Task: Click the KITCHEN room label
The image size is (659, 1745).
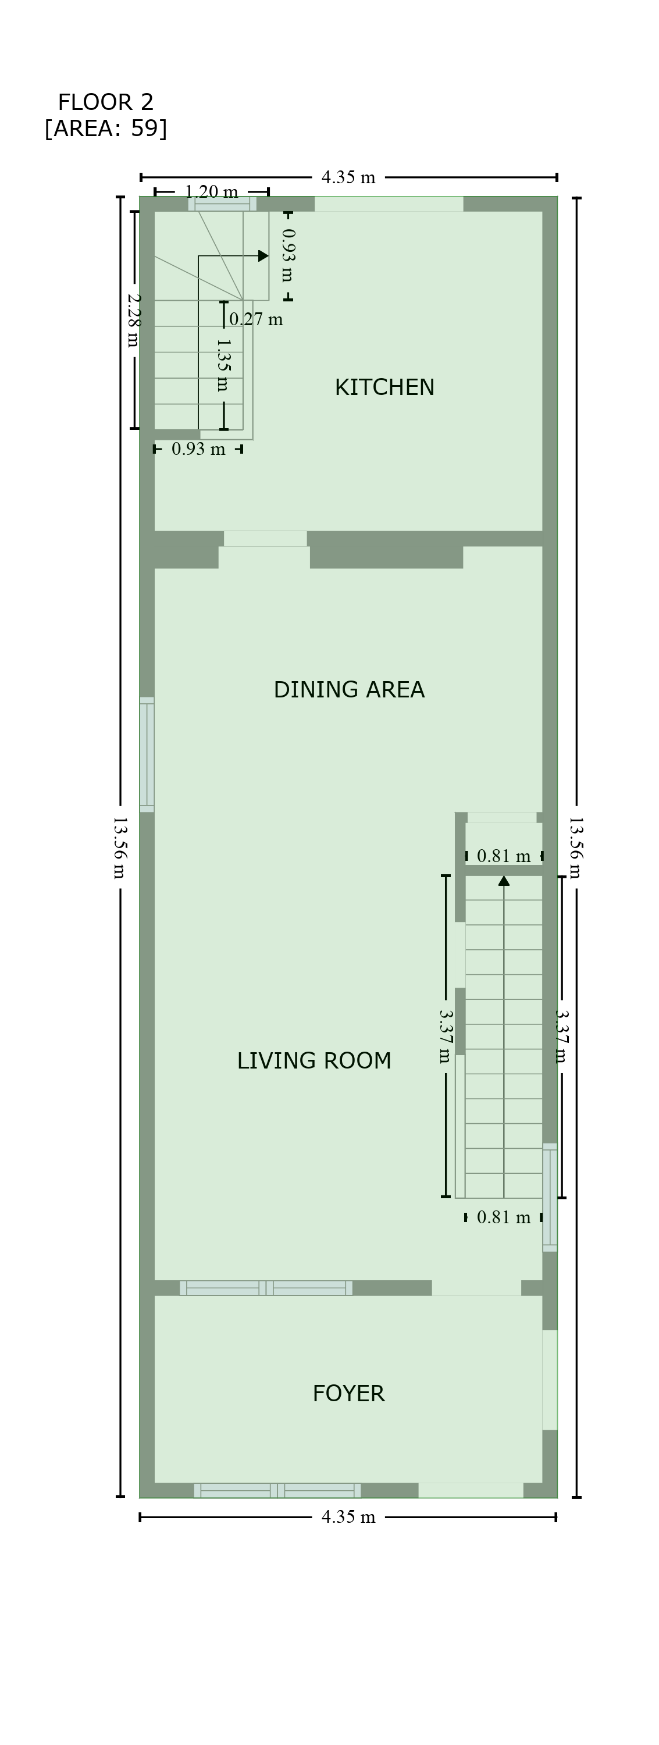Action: pyautogui.click(x=384, y=387)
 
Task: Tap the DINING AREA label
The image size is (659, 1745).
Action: pyautogui.click(x=349, y=690)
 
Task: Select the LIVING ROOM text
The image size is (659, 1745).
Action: pyautogui.click(x=314, y=1061)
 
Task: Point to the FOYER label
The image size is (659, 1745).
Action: pyautogui.click(x=348, y=1394)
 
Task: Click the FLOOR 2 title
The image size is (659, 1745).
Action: pyautogui.click(x=106, y=102)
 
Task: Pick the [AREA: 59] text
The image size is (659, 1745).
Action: pyautogui.click(x=106, y=128)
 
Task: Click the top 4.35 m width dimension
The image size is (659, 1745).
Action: pyautogui.click(x=348, y=177)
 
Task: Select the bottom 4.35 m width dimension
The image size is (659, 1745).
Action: pyautogui.click(x=348, y=1517)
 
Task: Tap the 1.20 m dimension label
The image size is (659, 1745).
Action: pyautogui.click(x=211, y=192)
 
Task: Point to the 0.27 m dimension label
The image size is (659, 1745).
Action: pyautogui.click(x=256, y=319)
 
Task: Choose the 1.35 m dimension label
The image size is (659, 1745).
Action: pyautogui.click(x=223, y=365)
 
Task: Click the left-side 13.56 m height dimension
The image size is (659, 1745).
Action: pyautogui.click(x=120, y=847)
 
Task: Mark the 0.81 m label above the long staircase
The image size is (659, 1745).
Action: pyautogui.click(x=504, y=856)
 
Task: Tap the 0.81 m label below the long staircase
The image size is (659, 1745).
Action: pyautogui.click(x=504, y=1217)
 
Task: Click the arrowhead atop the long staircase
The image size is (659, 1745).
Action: pyautogui.click(x=504, y=881)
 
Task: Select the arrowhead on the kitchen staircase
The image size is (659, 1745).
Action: pyautogui.click(x=263, y=256)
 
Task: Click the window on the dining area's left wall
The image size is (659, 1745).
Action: pyautogui.click(x=147, y=754)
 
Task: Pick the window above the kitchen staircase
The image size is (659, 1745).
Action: pyautogui.click(x=222, y=204)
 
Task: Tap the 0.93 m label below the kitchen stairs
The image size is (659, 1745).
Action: pyautogui.click(x=198, y=449)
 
